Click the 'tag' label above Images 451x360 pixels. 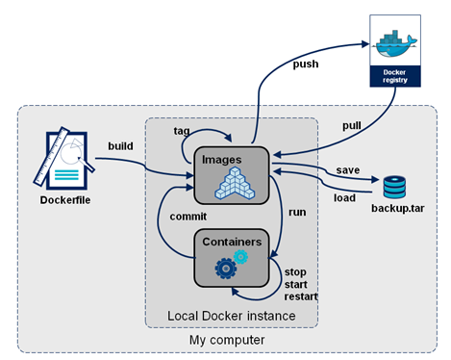pyautogui.click(x=181, y=130)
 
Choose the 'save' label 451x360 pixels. pyautogui.click(x=348, y=170)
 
